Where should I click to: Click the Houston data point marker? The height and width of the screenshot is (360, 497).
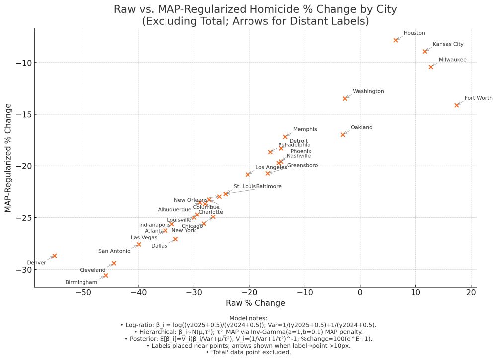pyautogui.click(x=396, y=40)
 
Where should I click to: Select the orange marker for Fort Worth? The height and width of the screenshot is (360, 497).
pyautogui.click(x=457, y=105)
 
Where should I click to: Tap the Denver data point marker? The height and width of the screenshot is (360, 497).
pyautogui.click(x=55, y=256)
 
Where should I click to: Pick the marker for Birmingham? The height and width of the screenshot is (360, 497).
pyautogui.click(x=105, y=275)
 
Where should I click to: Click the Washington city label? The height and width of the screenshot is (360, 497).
pyautogui.click(x=368, y=91)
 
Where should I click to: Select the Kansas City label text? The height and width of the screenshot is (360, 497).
pyautogui.click(x=448, y=44)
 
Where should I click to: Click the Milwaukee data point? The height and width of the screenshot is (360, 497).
pyautogui.click(x=431, y=67)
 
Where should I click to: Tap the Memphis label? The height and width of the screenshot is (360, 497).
pyautogui.click(x=305, y=129)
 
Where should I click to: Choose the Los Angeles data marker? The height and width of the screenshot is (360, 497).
pyautogui.click(x=248, y=174)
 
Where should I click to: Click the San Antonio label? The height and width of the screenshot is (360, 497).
pyautogui.click(x=114, y=251)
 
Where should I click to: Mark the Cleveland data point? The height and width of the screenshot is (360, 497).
pyautogui.click(x=114, y=263)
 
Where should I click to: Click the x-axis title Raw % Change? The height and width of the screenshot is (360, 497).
pyautogui.click(x=255, y=303)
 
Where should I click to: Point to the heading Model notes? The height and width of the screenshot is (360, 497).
pyautogui.click(x=248, y=318)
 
